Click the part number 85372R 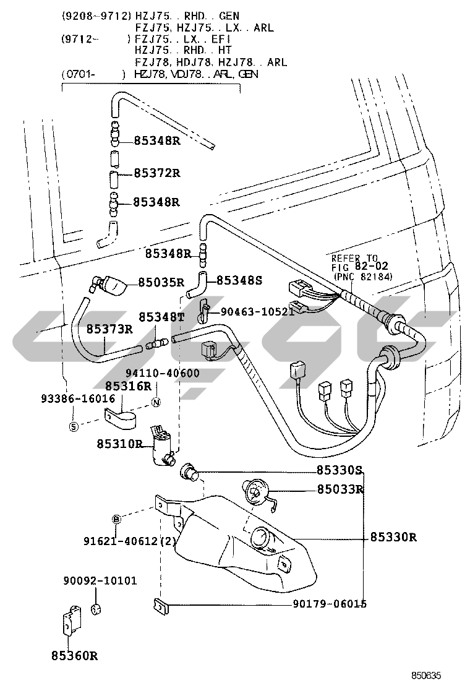click(157, 173)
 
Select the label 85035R click(161, 282)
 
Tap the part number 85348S click(239, 280)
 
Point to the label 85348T click(162, 317)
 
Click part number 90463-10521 click(257, 312)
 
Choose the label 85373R click(109, 329)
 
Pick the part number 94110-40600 click(163, 373)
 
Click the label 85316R click(128, 385)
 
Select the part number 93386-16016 click(78, 398)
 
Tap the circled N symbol click(156, 402)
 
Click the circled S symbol click(74, 426)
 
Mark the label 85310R click(120, 444)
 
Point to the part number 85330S click(340, 470)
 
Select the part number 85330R click(393, 536)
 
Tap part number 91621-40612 click(121, 541)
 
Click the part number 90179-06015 click(330, 604)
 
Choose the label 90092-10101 click(100, 580)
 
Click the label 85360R click(75, 656)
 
